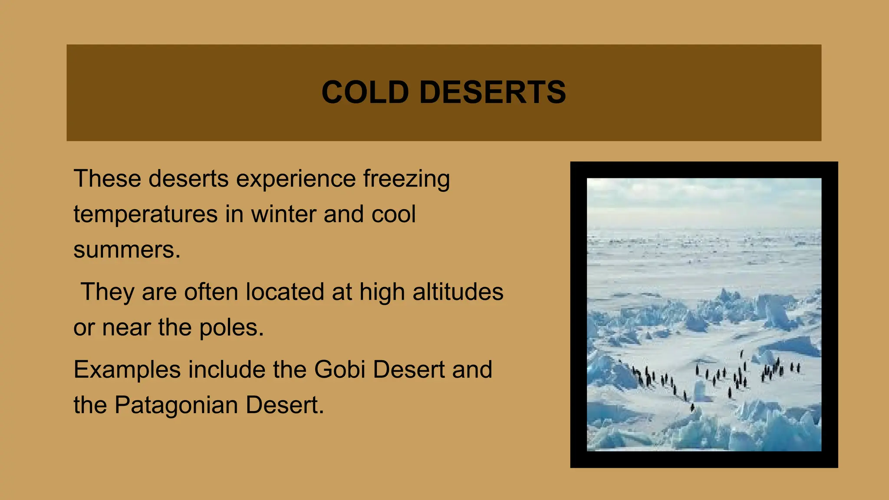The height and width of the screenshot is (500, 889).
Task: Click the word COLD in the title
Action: point(365,92)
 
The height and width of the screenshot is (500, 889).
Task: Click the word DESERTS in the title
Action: point(493,92)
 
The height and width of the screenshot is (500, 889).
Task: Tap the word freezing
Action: point(406,179)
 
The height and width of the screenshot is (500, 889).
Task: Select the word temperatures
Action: point(145,214)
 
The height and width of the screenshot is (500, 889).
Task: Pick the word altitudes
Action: point(458,292)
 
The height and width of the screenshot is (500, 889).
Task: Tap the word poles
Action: point(231,328)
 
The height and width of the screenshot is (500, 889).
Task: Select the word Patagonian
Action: point(176,405)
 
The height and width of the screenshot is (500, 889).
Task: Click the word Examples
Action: point(127,370)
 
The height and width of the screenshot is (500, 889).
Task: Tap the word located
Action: point(285,292)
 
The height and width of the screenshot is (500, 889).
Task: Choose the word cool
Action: point(393,214)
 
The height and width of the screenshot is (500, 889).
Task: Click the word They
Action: point(107,292)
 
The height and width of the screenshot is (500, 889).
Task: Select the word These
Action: point(107,179)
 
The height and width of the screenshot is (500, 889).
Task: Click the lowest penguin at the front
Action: point(692,407)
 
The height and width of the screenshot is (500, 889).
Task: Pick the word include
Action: point(227,370)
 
